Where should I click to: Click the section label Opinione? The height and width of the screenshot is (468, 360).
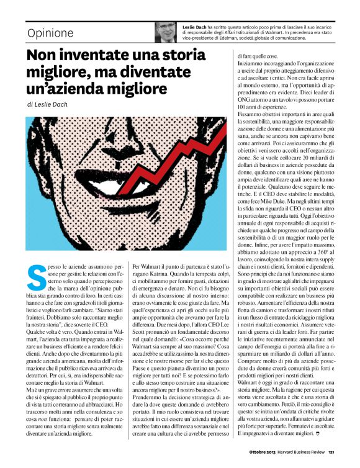[x=51, y=33]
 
